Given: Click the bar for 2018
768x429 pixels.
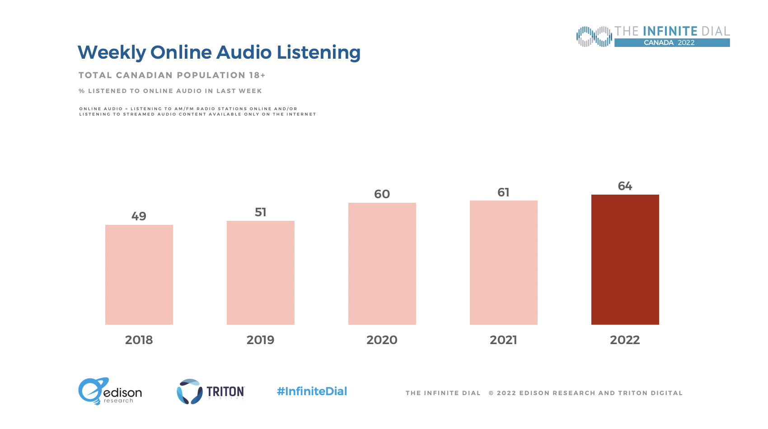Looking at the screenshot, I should (x=139, y=275).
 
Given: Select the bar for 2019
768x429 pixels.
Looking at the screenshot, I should (x=261, y=273).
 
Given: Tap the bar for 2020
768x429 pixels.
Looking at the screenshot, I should (x=382, y=264).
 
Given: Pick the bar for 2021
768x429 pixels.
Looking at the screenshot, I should (x=504, y=262).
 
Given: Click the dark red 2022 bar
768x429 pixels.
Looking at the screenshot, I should (x=625, y=260).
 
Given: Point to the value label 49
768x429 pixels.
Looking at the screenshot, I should (x=139, y=216).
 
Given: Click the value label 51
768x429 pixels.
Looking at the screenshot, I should (x=261, y=212).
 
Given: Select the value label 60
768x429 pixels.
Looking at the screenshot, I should (x=382, y=194).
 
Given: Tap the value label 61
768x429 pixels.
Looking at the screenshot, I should (x=504, y=192).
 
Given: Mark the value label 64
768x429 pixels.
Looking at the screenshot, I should (x=625, y=186).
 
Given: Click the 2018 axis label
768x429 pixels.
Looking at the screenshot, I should (x=139, y=340).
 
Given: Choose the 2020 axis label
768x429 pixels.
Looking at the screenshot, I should (x=382, y=340).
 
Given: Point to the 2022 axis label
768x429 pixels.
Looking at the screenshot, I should (x=625, y=340).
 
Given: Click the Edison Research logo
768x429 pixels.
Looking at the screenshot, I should (x=110, y=391).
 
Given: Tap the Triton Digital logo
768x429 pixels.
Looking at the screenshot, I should (x=211, y=391).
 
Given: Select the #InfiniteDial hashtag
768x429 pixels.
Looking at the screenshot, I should (x=312, y=391).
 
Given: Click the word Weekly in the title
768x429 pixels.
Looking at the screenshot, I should (x=112, y=52).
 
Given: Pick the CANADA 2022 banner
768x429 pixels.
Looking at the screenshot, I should (x=672, y=43).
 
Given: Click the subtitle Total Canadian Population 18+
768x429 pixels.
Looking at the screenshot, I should (x=172, y=75).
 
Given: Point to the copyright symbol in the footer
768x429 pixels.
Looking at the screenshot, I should (x=491, y=393).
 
